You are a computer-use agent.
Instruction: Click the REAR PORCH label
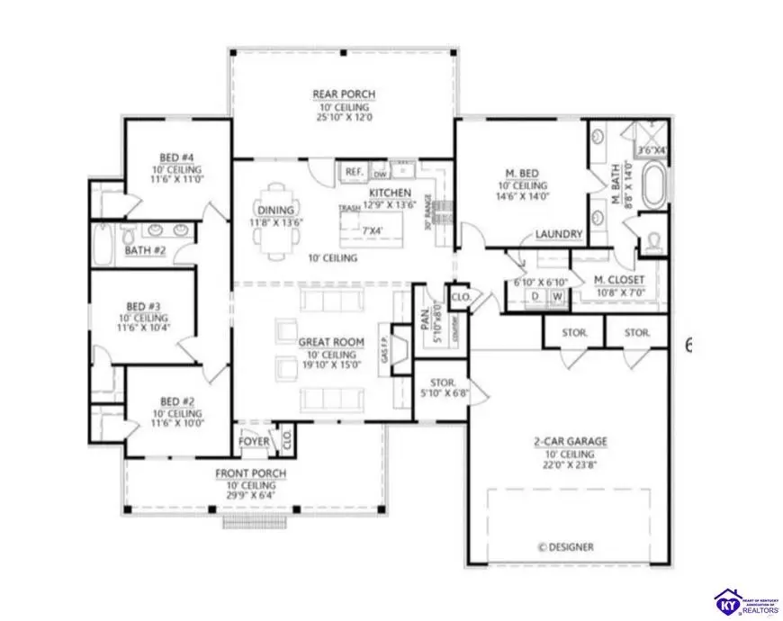(343, 94)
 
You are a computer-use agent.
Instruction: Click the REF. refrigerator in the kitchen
(353, 171)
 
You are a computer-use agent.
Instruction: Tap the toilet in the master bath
(652, 241)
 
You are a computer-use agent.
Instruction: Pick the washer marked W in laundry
(557, 295)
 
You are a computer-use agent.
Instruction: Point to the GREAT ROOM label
(331, 343)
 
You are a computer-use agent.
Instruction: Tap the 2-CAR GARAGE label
(571, 442)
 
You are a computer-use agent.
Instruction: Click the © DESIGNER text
(565, 546)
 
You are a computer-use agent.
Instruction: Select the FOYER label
(253, 442)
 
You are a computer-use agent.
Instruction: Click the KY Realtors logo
(746, 600)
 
